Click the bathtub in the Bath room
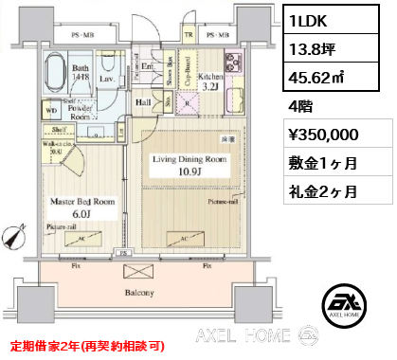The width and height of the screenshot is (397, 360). (x=55, y=75)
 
